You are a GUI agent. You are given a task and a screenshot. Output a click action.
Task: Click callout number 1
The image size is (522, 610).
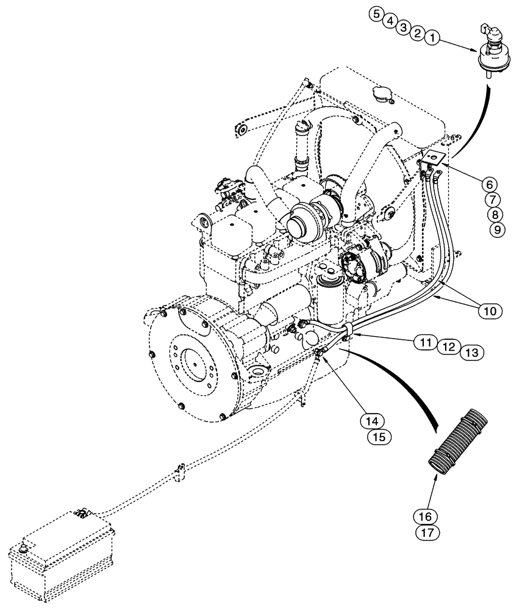[432, 38]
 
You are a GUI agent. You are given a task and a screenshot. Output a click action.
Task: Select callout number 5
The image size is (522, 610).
[376, 14]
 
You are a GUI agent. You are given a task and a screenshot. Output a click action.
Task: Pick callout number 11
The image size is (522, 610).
[426, 342]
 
